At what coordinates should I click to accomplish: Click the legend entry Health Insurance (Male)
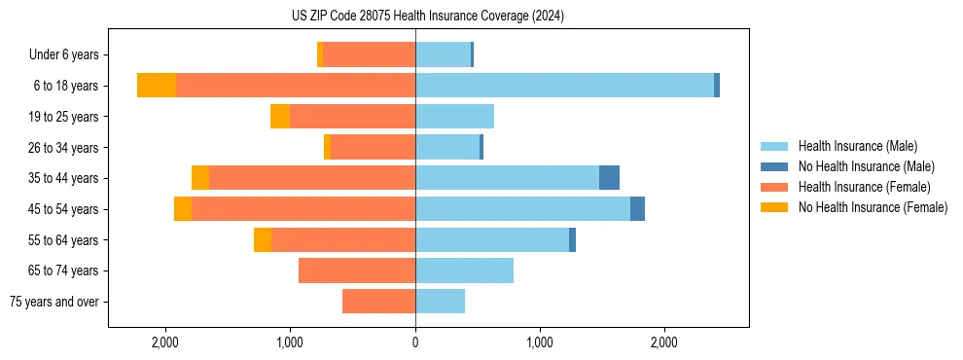click(856, 146)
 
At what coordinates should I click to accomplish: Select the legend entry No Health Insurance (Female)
click(873, 207)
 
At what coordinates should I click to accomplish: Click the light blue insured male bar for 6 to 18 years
click(564, 86)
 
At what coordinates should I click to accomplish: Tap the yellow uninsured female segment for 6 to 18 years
click(157, 86)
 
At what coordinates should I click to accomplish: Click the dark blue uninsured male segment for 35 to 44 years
click(609, 178)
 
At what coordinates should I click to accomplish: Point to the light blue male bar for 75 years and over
click(440, 302)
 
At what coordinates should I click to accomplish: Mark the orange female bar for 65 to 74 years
click(357, 270)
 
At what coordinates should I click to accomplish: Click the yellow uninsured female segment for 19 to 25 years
click(280, 117)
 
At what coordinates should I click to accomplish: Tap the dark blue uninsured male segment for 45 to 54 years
click(637, 209)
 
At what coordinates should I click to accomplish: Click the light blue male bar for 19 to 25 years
click(454, 117)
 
